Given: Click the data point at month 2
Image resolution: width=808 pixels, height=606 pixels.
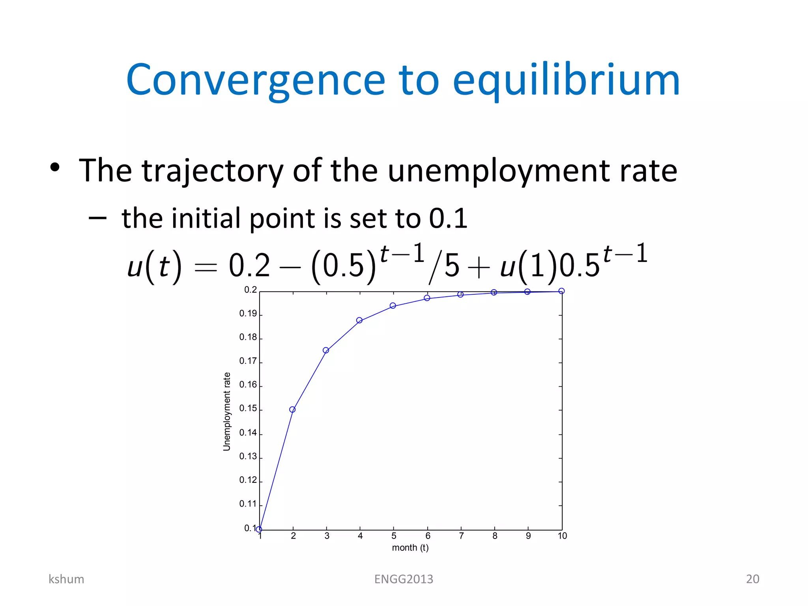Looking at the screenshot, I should coord(292,410).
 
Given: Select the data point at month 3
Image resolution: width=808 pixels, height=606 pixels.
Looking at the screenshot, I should coord(326,350).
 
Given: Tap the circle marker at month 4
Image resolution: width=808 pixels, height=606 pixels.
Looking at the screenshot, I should coord(359,320).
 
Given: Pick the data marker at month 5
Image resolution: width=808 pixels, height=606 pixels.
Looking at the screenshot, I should coord(393,306).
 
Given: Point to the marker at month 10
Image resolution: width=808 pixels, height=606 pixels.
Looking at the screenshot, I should coord(561,291).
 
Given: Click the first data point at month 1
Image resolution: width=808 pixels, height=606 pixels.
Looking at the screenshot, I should coord(259,529).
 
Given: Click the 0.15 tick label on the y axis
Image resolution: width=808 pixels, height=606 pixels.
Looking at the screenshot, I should coord(248,408).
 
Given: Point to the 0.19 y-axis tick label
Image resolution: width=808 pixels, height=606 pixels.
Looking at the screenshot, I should coord(248,314).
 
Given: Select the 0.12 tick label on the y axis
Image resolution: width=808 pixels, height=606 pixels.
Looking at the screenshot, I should coord(248,480).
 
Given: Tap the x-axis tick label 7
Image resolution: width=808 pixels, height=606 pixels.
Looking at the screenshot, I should coord(461,536).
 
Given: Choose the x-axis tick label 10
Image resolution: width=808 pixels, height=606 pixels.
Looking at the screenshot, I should coord(562,536).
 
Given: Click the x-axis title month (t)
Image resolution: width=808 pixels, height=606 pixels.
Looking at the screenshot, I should coord(410,548).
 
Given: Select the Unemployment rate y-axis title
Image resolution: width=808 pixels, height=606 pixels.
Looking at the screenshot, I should coord(226,411).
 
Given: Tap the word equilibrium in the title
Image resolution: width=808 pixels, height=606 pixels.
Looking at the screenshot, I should coord(567,81).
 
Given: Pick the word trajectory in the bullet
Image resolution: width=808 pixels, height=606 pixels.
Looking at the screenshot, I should coord(213,171).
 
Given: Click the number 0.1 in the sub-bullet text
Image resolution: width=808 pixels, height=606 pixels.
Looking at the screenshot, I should coord(448,218).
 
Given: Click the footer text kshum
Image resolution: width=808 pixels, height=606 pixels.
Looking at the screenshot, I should coord(66,579).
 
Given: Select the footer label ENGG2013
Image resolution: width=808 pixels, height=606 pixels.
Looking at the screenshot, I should coord(404,579).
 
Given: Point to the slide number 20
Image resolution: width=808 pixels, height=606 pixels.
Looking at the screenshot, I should coord(752,579).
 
